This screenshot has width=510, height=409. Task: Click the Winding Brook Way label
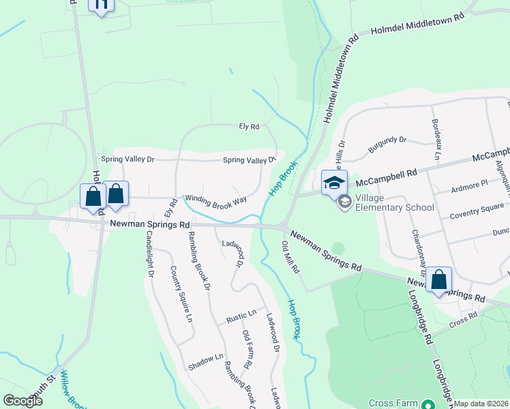click(x=215, y=200)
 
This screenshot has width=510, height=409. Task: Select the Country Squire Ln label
click(x=182, y=294)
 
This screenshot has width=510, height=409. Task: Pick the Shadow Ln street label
click(x=206, y=362)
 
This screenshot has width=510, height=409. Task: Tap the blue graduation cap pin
click(x=334, y=183)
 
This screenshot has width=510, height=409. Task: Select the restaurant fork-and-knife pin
click(x=101, y=5)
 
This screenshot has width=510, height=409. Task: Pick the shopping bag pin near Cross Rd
click(x=438, y=279)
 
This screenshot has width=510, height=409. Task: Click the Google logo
click(x=22, y=401)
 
